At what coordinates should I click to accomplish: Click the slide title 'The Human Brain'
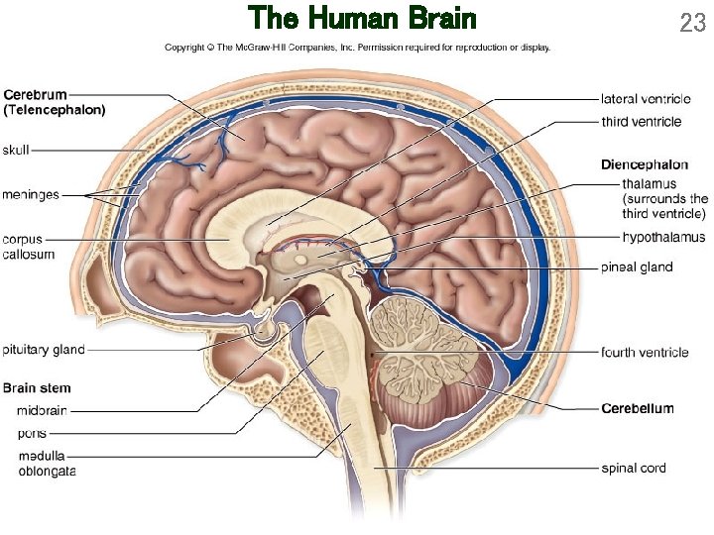click(362, 19)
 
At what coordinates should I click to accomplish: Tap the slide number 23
click(692, 22)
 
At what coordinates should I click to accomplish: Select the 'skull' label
click(17, 150)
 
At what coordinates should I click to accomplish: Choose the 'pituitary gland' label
click(44, 350)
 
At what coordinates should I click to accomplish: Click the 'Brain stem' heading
click(37, 387)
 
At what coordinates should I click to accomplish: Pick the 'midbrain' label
click(43, 410)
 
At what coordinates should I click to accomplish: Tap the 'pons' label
click(33, 433)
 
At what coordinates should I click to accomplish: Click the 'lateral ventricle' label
click(647, 99)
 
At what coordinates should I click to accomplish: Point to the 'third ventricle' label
click(642, 122)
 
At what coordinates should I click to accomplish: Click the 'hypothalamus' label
click(663, 237)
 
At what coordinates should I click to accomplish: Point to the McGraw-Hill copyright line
click(357, 48)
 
